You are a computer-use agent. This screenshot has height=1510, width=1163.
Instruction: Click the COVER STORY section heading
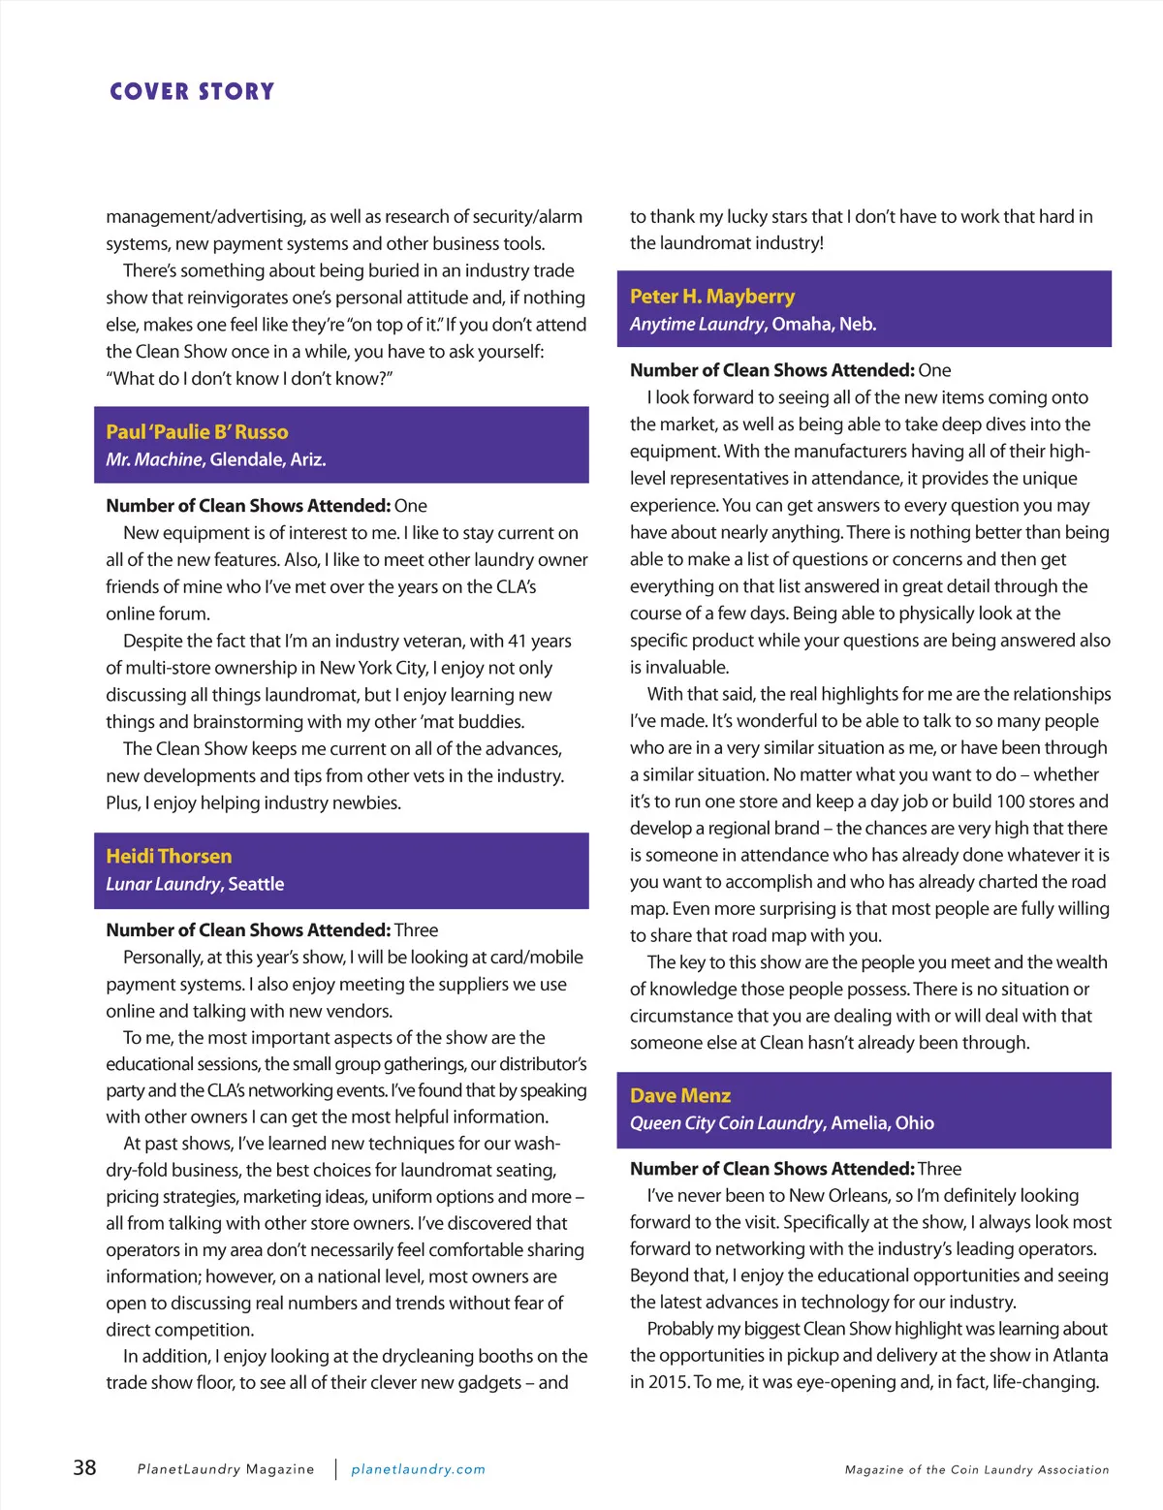pos(192,92)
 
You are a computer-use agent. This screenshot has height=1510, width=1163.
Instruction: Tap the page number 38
pos(84,1467)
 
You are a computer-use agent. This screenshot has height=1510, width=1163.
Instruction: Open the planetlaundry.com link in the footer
pos(418,1469)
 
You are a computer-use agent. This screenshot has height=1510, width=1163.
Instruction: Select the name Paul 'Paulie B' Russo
pos(197,432)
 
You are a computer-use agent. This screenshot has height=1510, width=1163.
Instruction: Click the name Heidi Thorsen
pos(169,857)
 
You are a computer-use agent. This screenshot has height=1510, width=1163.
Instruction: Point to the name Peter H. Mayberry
pos(711,297)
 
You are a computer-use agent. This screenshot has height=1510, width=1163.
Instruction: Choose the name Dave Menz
pos(679,1096)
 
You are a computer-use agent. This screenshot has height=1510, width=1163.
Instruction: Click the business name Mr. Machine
pos(153,459)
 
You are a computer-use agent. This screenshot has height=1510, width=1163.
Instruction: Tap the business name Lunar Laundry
pos(163,884)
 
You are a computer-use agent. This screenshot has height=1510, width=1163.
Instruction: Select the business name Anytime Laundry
pos(696,324)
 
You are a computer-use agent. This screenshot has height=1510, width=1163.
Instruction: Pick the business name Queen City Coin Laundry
pos(726,1123)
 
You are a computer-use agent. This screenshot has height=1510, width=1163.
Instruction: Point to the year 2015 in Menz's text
pos(668,1382)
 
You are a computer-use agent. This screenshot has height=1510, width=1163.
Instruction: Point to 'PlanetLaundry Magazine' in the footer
pos(226,1469)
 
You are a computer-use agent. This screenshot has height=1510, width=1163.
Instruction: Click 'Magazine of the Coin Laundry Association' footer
pos(976,1470)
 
